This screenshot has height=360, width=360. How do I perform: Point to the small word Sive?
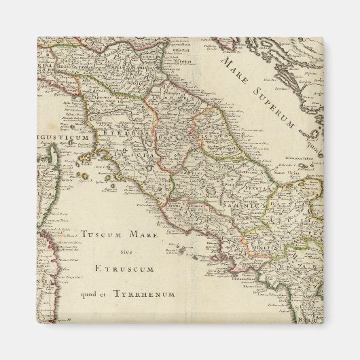pos(122,252)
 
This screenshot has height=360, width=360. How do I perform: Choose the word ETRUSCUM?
pos(122,269)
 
